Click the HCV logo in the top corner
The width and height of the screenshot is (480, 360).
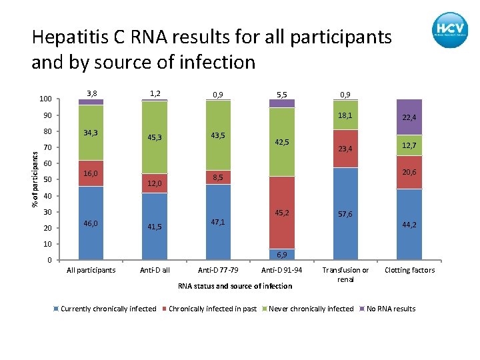click(449, 30)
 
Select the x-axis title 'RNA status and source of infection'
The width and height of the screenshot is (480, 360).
click(235, 286)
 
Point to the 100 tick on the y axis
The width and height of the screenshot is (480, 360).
click(45, 99)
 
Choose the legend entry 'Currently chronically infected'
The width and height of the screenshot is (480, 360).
click(108, 309)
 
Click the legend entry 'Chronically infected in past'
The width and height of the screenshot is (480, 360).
click(212, 309)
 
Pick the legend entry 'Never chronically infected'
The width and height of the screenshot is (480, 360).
click(311, 309)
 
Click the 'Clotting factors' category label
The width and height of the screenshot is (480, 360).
click(409, 270)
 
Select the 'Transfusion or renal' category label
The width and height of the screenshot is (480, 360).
click(345, 274)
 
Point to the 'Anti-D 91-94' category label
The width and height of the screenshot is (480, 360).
click(281, 270)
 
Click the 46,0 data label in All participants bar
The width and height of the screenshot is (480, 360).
click(91, 225)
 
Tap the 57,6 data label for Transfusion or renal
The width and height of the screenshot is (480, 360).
click(345, 215)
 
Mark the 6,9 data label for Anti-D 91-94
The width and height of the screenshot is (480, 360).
click(281, 255)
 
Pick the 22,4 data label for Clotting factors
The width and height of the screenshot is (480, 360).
click(409, 117)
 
